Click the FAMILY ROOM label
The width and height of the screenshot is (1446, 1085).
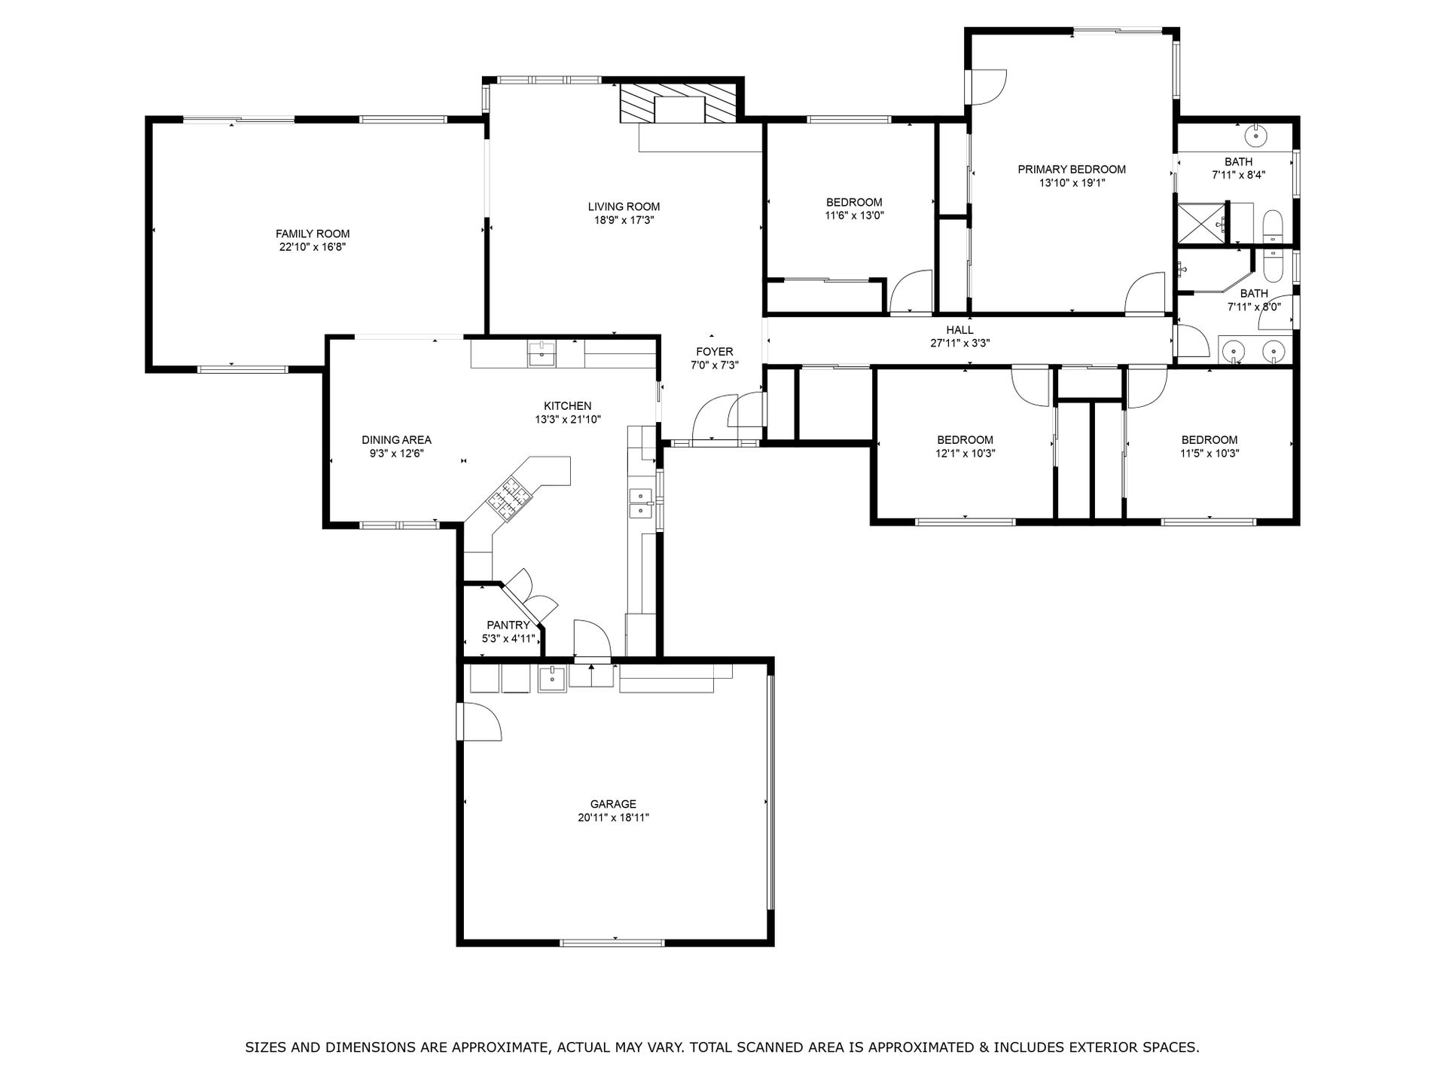(x=313, y=234)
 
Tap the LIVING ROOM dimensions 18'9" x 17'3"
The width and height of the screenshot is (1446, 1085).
(x=624, y=220)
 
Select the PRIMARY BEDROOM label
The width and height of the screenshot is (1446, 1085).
(x=1072, y=170)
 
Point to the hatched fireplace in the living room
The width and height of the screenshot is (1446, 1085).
(x=677, y=103)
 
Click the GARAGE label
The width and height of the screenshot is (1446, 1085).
(x=613, y=804)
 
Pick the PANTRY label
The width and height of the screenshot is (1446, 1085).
(x=508, y=625)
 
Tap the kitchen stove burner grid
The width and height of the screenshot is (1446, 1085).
(x=509, y=496)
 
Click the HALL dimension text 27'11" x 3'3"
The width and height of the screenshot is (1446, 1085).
(x=959, y=344)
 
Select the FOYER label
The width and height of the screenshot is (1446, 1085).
(x=714, y=352)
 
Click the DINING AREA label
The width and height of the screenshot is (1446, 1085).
(x=396, y=440)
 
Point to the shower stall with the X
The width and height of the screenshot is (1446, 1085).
(x=1201, y=223)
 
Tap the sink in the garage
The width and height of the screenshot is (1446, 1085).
(x=552, y=679)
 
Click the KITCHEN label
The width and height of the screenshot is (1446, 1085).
(x=568, y=406)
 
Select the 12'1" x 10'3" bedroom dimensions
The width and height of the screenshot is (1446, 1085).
(x=965, y=454)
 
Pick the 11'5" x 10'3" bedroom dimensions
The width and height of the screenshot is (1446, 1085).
(x=1209, y=454)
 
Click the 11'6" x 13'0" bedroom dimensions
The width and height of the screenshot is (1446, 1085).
(x=854, y=215)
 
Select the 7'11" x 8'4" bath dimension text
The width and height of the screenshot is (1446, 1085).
(x=1238, y=175)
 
